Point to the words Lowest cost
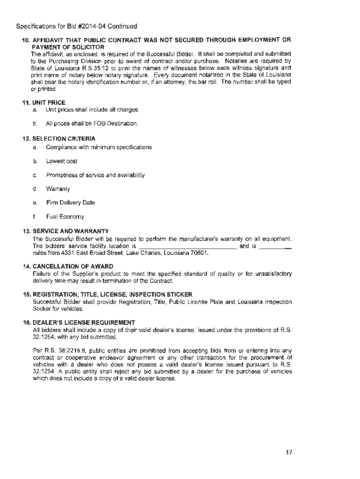pyautogui.click(x=62, y=161)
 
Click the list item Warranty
pyautogui.click(x=58, y=189)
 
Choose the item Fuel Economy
pyautogui.click(x=65, y=217)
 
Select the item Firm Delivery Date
pyautogui.click(x=70, y=203)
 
